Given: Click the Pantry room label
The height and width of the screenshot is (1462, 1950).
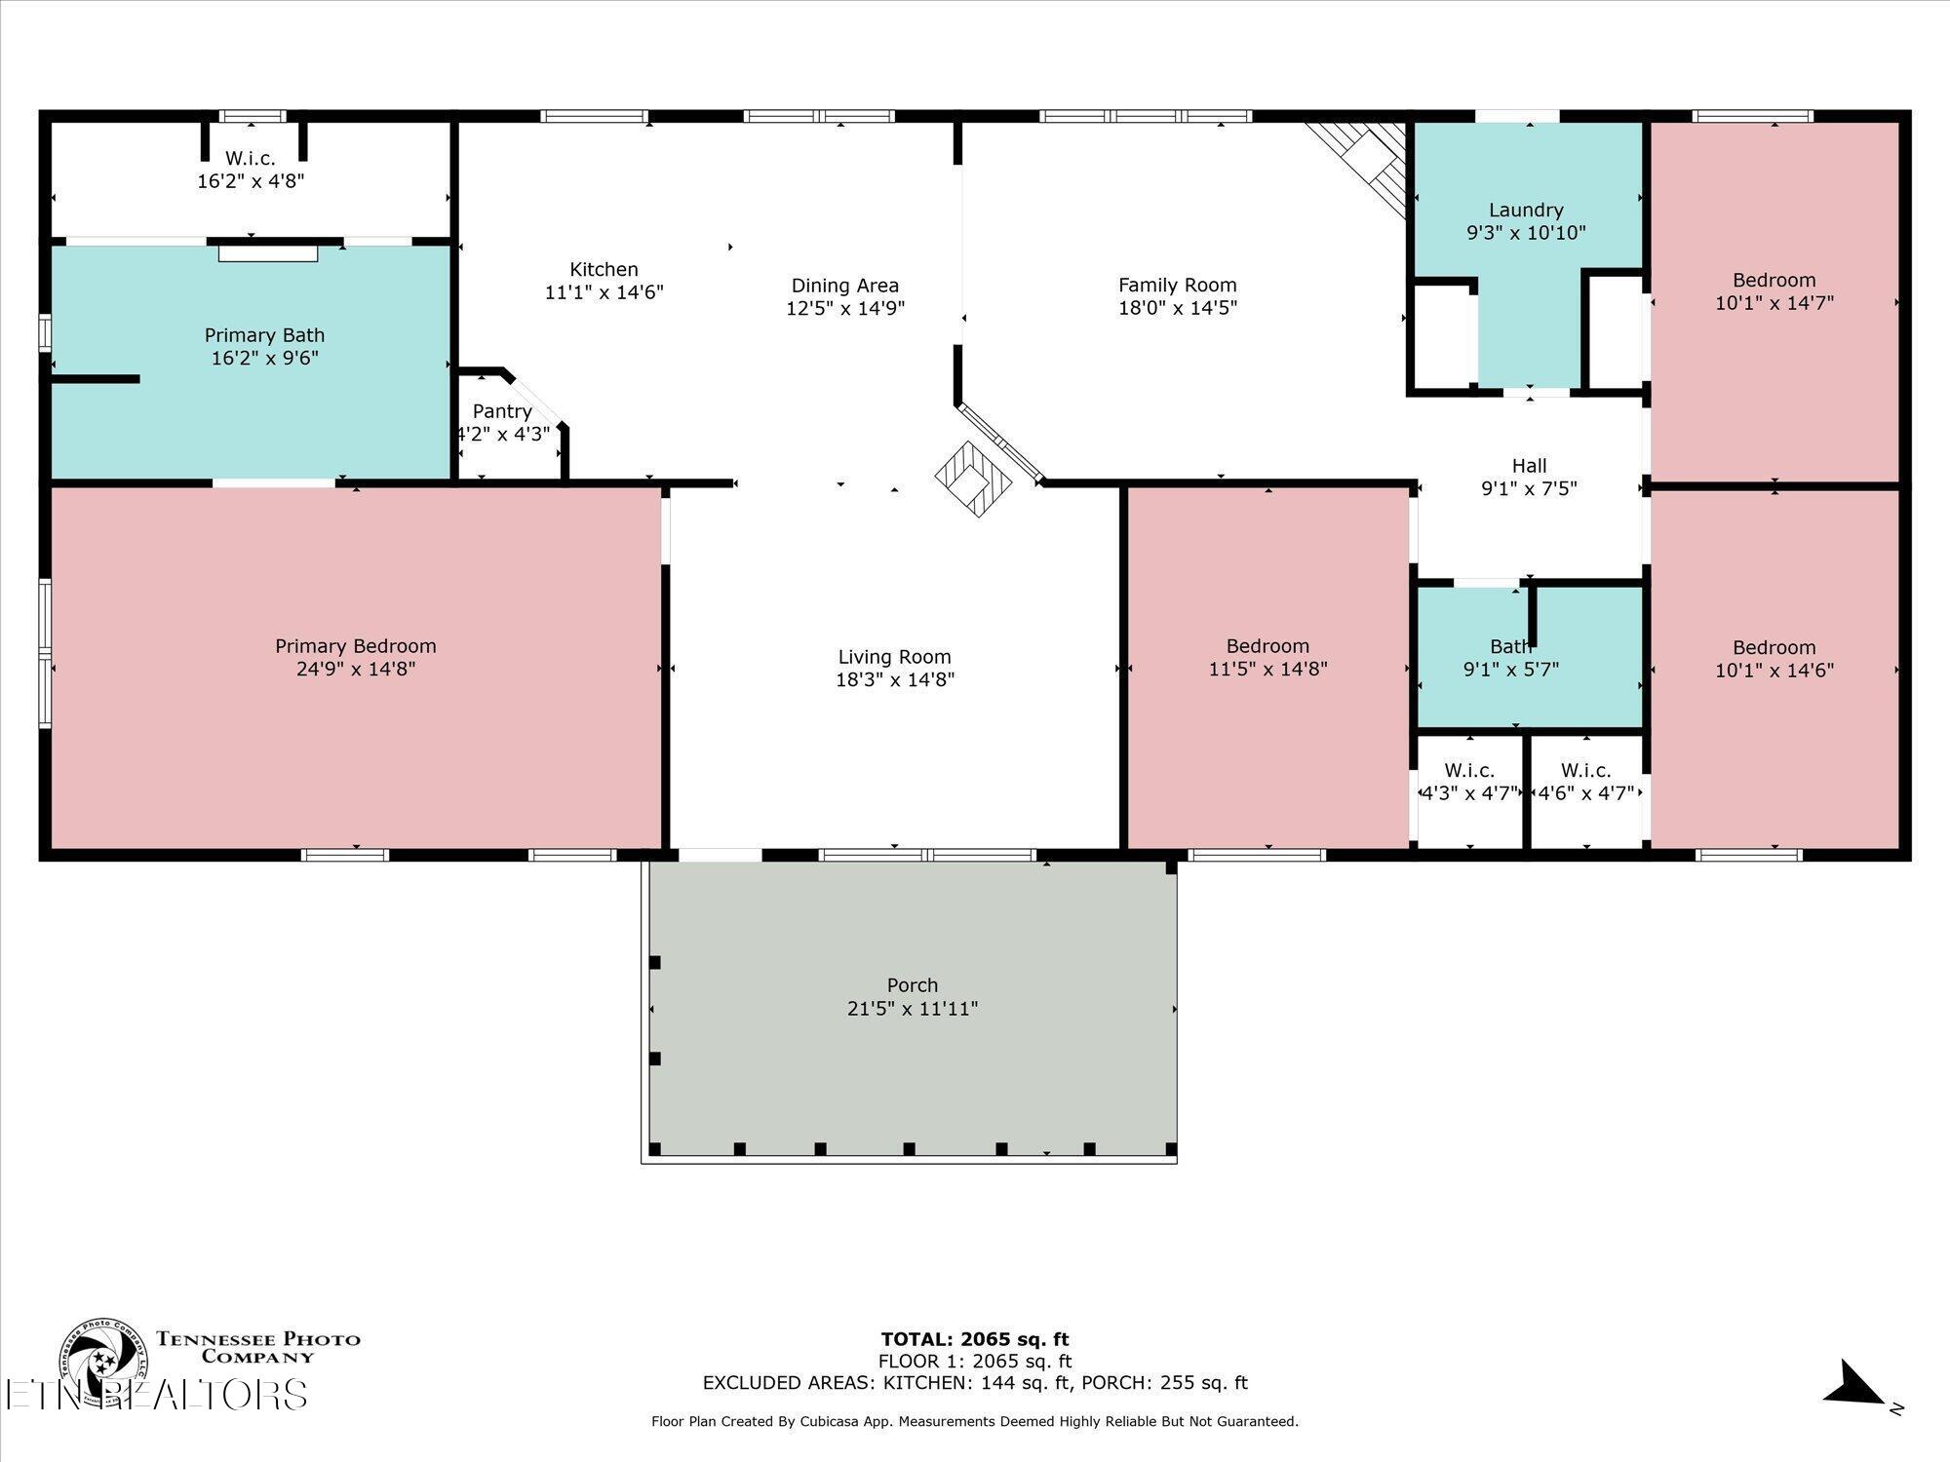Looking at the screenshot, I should coord(502,411).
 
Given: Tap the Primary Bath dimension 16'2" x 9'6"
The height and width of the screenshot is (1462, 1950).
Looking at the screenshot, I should coord(264,358).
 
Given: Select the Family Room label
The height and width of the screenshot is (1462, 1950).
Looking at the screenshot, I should coord(1177,285).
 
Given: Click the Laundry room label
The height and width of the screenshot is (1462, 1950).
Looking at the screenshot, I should coord(1526,210).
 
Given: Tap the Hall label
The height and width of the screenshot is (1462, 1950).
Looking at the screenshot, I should coord(1529,466).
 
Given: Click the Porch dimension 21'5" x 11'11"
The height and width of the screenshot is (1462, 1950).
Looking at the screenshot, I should coord(912,1008).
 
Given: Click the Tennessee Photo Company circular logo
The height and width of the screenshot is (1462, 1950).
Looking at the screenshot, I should coord(103,1361).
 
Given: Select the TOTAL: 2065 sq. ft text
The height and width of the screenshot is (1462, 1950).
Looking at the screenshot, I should coord(974,1339).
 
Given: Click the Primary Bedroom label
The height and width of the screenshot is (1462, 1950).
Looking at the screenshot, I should coord(355,646).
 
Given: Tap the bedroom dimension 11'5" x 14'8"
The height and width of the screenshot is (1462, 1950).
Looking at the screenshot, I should coord(1267,669).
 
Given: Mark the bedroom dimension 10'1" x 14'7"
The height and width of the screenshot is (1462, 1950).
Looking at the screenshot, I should coord(1774,303).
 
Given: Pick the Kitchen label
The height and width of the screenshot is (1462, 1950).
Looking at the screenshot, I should coord(604,269).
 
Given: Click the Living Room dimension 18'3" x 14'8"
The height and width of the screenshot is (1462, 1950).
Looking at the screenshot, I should coord(894,679).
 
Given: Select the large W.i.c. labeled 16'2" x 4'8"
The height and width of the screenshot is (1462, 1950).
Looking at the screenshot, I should coord(251,170).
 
